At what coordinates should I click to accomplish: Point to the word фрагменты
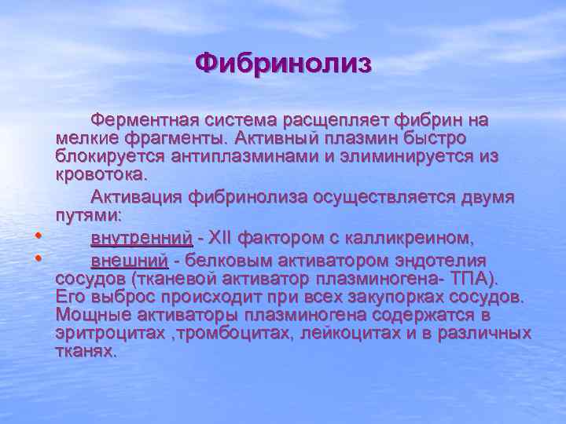tap(175, 138)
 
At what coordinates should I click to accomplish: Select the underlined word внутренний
tap(141, 237)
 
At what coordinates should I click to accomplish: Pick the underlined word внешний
tap(129, 261)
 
